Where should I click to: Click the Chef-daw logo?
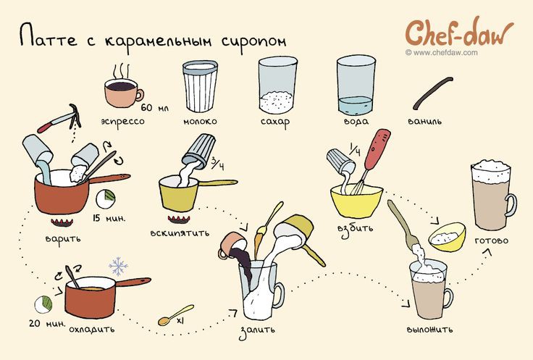[459, 33]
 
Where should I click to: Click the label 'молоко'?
[200, 122]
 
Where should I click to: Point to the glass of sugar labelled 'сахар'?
[277, 85]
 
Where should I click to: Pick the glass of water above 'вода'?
[356, 85]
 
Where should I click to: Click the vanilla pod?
[432, 93]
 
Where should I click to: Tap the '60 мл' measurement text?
[155, 108]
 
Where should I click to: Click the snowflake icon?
[118, 266]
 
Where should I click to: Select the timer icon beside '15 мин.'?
[106, 199]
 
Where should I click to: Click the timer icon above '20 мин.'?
[43, 304]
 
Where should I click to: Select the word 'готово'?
[491, 240]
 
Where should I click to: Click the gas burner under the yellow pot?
[178, 219]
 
